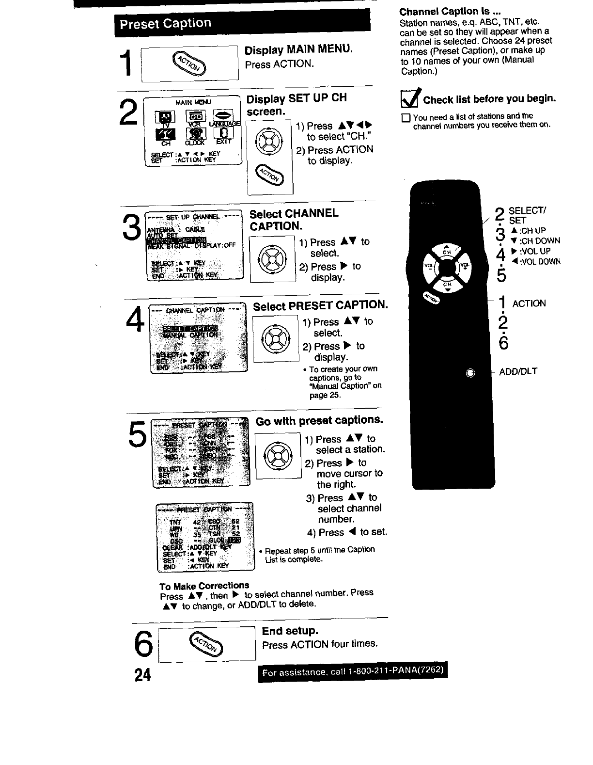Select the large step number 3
pos(132,227)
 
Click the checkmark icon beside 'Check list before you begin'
pos(410,99)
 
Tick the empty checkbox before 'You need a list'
pos(406,117)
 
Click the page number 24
pos(143,674)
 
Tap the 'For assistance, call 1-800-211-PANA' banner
pos(353,672)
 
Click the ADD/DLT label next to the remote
pos(518,372)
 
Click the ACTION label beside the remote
pos(529,303)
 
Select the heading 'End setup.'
pos(290,631)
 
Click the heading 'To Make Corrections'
pos(204,585)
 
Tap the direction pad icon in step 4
pos(275,338)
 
